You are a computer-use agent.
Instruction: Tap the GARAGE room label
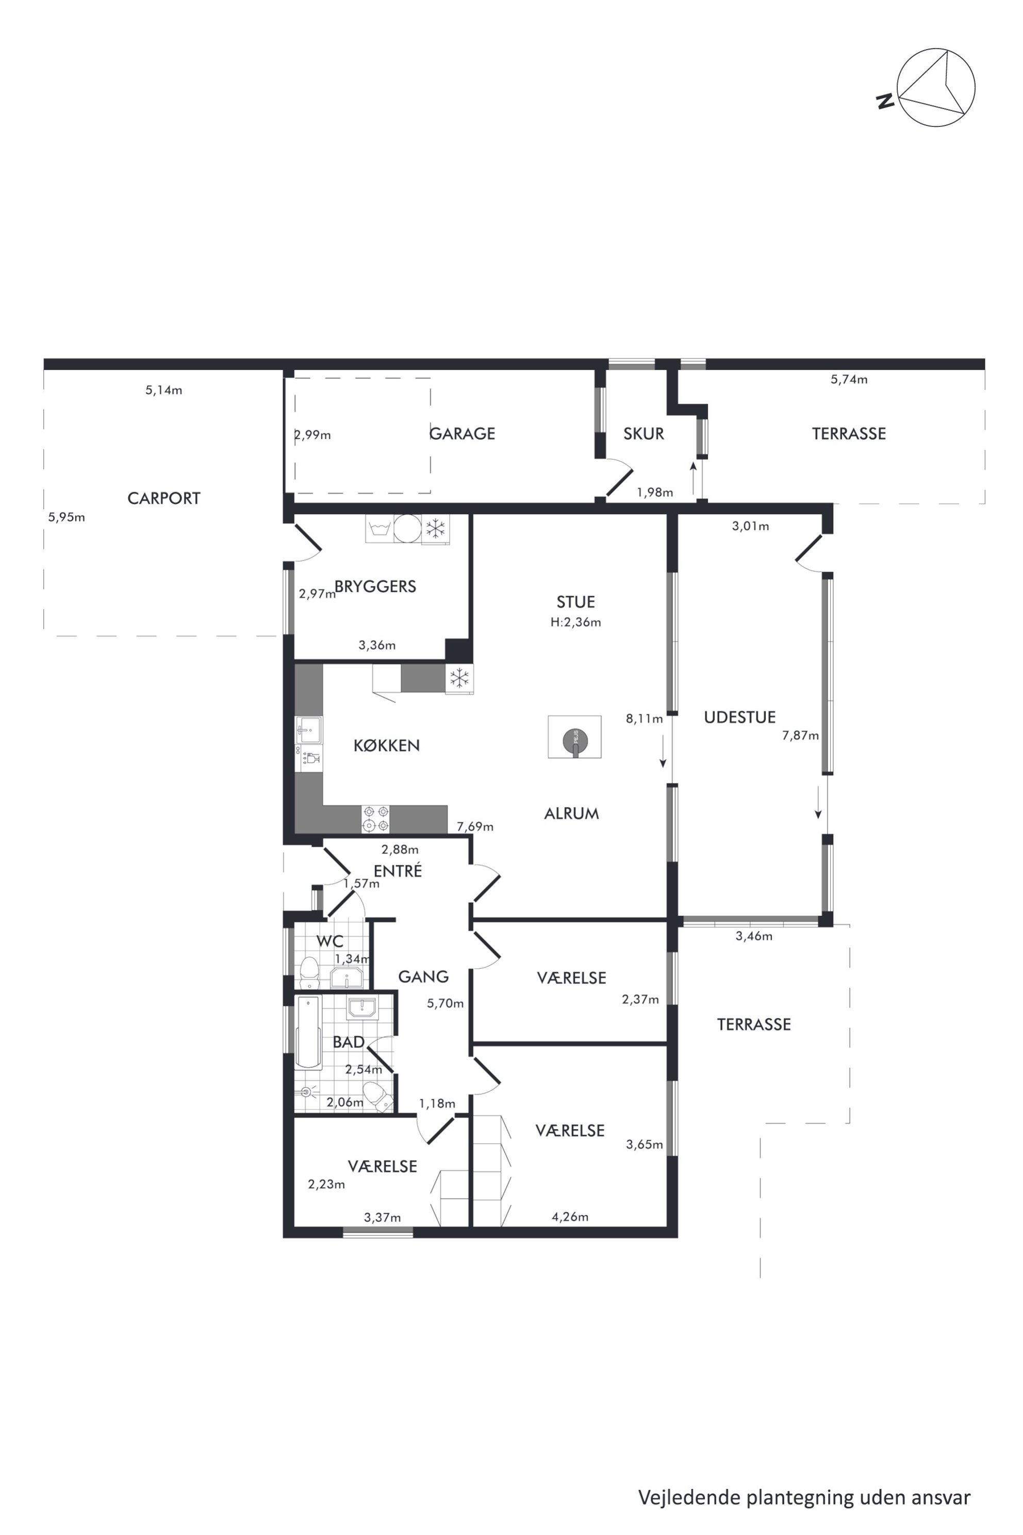(462, 433)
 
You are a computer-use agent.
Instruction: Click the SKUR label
(643, 433)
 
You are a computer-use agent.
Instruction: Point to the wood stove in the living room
(574, 737)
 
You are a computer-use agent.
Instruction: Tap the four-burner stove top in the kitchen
(376, 819)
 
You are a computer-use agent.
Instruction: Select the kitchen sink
(308, 730)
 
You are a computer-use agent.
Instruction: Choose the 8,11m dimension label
(644, 718)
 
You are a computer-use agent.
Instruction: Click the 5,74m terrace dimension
(849, 379)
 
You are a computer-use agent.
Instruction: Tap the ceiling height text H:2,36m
(575, 622)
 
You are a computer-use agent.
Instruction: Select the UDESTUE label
(740, 717)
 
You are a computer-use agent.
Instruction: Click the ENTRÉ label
(398, 871)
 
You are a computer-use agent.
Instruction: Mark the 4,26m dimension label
(570, 1217)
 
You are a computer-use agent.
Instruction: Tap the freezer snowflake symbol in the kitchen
(459, 678)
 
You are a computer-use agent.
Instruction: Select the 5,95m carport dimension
(67, 517)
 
